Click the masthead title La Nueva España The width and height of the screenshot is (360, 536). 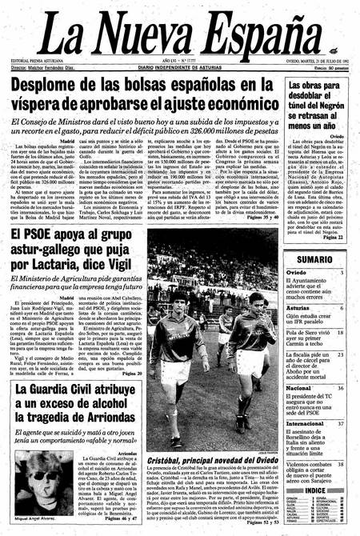tap(179, 35)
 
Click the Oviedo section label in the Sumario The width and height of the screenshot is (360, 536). tap(302, 274)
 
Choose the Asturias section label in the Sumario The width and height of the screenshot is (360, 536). tap(304, 307)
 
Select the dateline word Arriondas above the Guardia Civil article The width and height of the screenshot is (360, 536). tap(126, 454)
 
